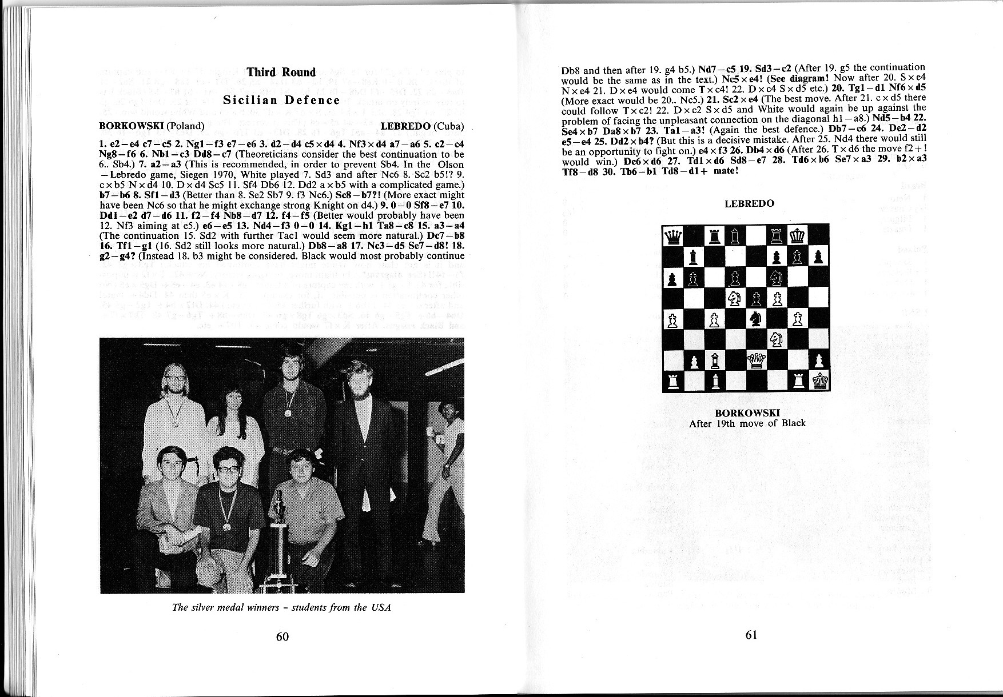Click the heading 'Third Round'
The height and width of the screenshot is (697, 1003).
point(281,72)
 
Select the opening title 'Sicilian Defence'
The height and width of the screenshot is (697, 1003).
point(281,100)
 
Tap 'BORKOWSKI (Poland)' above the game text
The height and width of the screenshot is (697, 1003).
point(151,126)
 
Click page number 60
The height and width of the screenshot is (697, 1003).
point(282,636)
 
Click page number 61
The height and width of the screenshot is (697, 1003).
point(751,634)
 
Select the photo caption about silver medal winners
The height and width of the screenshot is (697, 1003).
point(281,607)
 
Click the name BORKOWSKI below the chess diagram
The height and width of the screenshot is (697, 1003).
point(747,413)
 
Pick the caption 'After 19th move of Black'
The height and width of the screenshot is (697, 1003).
point(747,423)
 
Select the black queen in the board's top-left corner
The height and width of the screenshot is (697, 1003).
point(672,235)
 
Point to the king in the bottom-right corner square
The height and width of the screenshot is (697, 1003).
point(819,380)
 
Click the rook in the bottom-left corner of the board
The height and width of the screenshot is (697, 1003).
point(672,380)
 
